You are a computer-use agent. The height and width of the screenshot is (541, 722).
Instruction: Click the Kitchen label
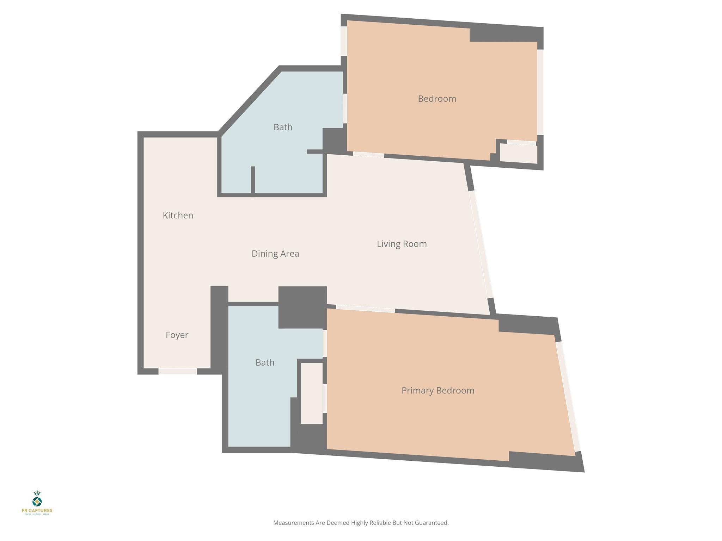178,215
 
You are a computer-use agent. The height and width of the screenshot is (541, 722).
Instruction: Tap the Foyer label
177,335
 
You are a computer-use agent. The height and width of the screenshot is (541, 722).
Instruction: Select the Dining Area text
275,254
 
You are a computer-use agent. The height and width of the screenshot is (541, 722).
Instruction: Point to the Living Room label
402,244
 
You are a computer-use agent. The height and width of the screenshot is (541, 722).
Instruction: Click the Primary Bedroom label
438,390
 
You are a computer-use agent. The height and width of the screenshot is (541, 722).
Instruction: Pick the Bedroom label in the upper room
437,99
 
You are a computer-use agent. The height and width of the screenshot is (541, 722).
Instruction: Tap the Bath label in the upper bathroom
283,127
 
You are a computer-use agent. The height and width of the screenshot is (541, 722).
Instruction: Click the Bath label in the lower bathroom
265,362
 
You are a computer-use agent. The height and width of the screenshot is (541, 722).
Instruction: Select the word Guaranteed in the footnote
433,523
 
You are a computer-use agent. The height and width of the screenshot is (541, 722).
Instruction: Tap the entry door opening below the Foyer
177,371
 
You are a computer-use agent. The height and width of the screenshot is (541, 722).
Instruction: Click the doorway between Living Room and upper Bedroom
368,155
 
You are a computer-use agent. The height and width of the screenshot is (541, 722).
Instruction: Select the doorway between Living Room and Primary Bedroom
365,309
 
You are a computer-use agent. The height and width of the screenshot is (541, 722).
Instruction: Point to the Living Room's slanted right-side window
481,244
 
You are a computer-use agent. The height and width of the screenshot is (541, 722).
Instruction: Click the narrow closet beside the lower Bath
312,393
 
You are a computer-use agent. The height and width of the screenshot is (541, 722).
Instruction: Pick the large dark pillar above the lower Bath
302,307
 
